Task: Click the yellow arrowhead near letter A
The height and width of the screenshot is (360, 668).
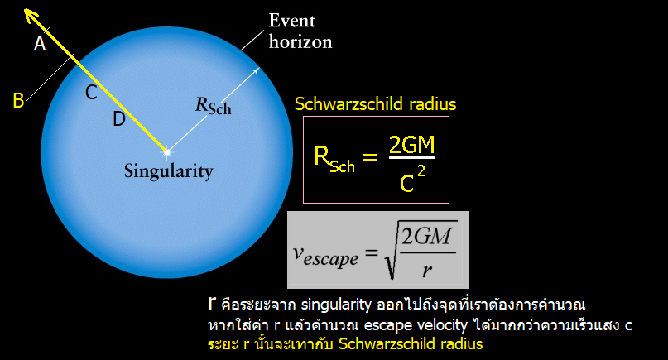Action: tap(30, 15)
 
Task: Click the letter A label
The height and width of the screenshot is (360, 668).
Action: tap(40, 44)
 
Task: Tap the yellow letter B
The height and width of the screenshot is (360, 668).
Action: tap(18, 100)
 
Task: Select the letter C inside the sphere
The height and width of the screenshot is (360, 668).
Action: tap(91, 93)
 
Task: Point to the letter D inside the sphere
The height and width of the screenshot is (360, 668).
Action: tap(119, 118)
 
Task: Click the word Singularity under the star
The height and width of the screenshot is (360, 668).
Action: tap(169, 171)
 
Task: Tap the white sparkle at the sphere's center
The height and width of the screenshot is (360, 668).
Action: tap(167, 151)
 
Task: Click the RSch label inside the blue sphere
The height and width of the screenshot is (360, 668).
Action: tap(213, 106)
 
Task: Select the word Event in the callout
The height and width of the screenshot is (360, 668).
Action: tap(292, 21)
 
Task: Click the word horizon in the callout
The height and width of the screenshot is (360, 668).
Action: tap(300, 41)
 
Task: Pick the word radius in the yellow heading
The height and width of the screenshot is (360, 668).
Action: tap(432, 104)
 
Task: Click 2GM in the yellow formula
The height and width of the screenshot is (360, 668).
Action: tap(412, 145)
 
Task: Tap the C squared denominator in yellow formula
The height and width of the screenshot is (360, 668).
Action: tap(412, 179)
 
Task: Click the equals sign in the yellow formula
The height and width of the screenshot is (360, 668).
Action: tap(370, 156)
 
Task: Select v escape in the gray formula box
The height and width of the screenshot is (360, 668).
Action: tap(325, 256)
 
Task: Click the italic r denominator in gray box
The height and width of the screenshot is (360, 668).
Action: tap(427, 271)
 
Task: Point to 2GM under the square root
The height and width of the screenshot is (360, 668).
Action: tap(427, 236)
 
